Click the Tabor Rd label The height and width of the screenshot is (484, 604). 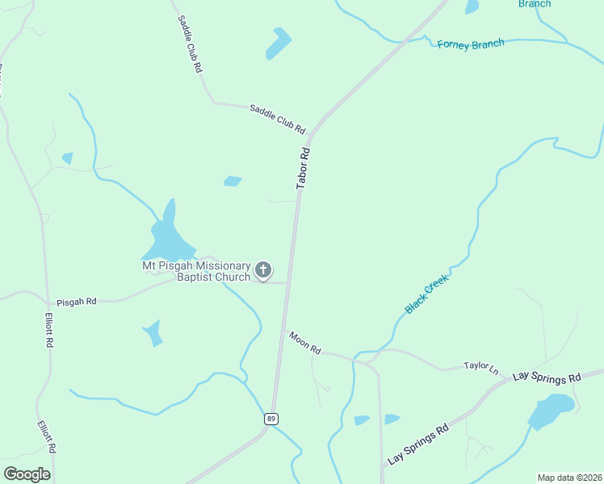304,168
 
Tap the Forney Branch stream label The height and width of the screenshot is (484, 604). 471,44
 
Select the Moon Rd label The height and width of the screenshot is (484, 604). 305,344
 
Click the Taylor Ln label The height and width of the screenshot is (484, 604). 481,367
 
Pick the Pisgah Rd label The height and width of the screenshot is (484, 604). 76,301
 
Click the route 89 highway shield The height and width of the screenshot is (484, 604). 271,418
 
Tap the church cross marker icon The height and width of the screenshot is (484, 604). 262,270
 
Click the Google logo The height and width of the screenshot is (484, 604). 27,474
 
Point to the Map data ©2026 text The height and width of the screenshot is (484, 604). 569,478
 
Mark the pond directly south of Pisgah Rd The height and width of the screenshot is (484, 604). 152,332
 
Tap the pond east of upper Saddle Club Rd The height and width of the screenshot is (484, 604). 279,44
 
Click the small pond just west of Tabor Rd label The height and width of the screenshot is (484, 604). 233,181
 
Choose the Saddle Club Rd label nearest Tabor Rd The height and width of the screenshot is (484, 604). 277,119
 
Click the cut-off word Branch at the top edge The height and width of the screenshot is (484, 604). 535,4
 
